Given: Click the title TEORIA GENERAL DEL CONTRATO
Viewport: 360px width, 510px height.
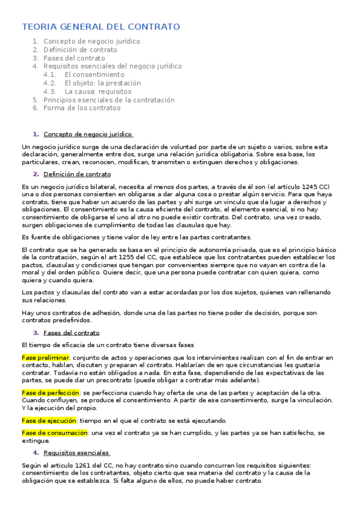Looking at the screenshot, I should (x=101, y=27).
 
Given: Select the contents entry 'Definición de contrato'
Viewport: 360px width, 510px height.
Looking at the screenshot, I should (x=81, y=50).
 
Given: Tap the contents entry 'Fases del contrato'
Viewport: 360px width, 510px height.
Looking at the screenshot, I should (x=74, y=58).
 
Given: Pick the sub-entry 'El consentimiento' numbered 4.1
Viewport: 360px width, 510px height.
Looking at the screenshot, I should (x=94, y=75).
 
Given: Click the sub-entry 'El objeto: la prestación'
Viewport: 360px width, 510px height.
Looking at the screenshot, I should (x=103, y=83).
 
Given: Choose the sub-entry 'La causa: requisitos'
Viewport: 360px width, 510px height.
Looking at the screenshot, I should (x=97, y=91).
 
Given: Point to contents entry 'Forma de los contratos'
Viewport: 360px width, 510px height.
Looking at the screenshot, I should (x=82, y=108).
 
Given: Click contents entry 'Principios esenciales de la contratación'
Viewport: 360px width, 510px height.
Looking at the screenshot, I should (x=109, y=100).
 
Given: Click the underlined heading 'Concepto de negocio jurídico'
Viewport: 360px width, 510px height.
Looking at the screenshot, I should (x=88, y=134).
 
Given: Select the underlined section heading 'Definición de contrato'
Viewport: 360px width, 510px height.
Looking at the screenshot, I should (x=77, y=174).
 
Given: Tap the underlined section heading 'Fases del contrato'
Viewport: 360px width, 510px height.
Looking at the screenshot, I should (x=72, y=333).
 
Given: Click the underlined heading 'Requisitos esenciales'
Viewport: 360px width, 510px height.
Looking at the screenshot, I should (x=76, y=453).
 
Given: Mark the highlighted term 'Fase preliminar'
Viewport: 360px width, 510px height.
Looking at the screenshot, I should (x=45, y=358).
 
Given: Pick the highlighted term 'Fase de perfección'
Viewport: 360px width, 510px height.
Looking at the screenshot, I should (x=50, y=393).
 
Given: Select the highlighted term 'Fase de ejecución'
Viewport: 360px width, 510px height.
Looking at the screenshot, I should (x=49, y=420).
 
